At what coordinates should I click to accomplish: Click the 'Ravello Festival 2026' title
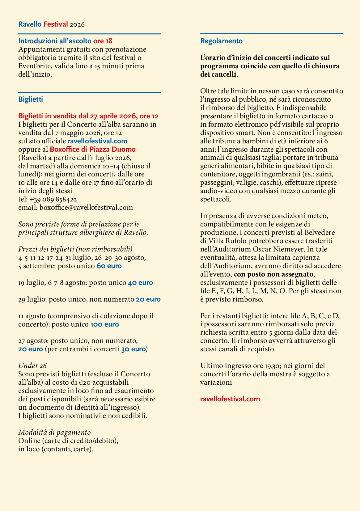[51, 24]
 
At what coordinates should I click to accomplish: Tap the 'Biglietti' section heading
[31, 99]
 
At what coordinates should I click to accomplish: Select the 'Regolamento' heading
[221, 41]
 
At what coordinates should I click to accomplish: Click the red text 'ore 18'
[103, 41]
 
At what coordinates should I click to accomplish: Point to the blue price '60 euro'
[109, 266]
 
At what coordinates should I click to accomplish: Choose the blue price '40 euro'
[140, 283]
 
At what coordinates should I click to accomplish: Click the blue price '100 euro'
[104, 324]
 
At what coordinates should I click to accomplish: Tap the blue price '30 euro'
[133, 349]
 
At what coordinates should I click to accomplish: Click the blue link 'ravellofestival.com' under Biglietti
[97, 141]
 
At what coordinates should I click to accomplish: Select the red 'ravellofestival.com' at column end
[230, 399]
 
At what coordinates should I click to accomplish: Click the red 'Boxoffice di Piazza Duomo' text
[93, 150]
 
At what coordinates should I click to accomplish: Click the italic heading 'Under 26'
[32, 366]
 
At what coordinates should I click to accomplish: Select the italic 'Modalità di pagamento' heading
[54, 433]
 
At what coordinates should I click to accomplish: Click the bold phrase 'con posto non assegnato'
[273, 274]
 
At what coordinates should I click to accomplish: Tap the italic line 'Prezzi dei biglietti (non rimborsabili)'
[75, 249]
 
